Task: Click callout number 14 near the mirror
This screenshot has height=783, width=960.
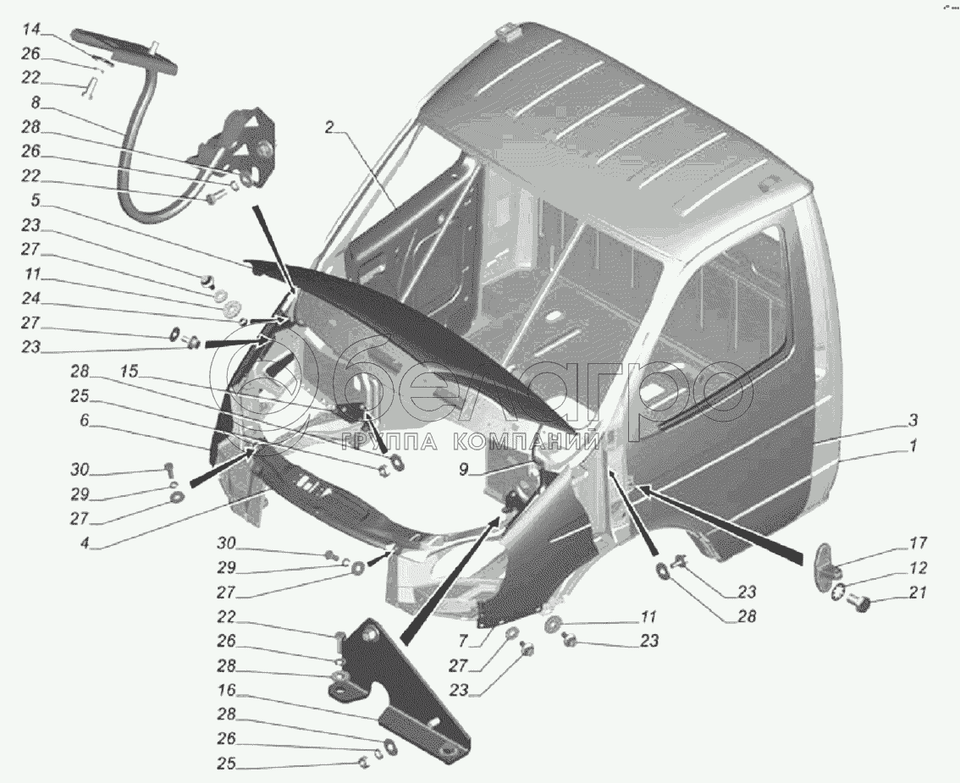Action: pyautogui.click(x=31, y=30)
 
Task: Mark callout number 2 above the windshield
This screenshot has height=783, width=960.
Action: pyautogui.click(x=330, y=129)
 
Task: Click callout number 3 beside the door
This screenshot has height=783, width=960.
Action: pyautogui.click(x=913, y=420)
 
